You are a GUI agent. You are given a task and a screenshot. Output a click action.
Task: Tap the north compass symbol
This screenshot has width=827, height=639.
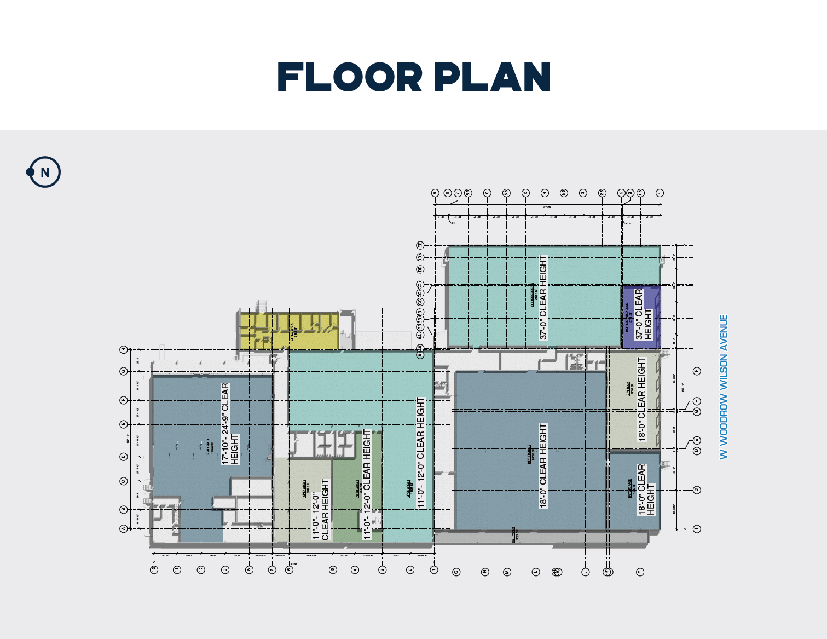point(44,172)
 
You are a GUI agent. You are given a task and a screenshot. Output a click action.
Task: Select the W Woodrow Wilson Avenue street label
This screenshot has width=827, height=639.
point(724,387)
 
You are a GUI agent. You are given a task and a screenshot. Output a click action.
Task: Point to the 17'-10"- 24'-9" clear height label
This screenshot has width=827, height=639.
point(229,424)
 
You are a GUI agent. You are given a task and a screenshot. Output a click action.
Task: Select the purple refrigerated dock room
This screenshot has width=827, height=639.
point(641,316)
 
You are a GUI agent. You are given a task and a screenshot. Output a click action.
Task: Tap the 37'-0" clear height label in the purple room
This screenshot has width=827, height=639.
point(643,314)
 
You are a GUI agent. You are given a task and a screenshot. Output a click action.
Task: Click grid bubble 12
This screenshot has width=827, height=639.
point(154,570)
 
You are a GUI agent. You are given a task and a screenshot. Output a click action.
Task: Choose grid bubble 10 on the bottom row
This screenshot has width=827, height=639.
point(201,570)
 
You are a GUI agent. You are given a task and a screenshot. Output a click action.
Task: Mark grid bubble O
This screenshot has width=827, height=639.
point(456,572)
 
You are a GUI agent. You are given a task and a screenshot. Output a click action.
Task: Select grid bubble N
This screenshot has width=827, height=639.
point(484,572)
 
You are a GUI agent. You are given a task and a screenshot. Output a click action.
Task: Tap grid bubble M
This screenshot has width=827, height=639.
point(507,572)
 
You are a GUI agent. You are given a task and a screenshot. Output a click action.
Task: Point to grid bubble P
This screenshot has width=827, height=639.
point(697,371)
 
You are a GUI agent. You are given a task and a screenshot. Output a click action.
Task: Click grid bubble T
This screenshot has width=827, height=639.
point(697,528)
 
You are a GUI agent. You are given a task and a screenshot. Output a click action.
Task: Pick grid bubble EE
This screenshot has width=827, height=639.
point(420,245)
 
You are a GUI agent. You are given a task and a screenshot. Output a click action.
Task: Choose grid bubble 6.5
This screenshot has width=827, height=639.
point(468,193)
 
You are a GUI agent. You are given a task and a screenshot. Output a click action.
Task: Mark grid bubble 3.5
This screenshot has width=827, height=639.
point(564,193)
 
